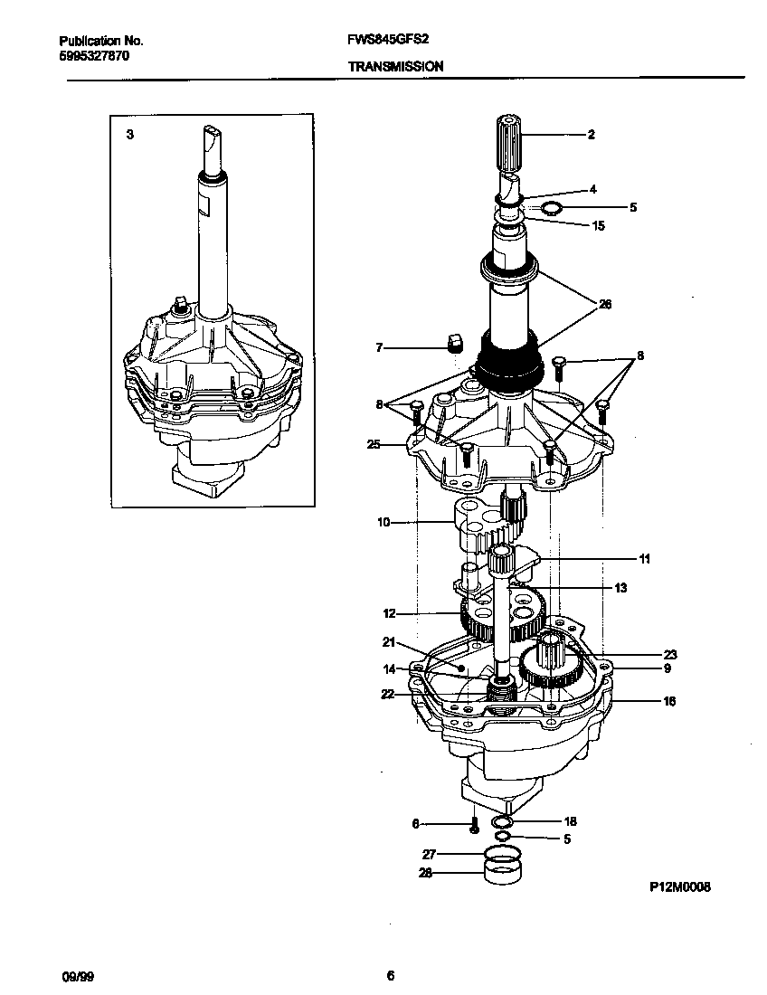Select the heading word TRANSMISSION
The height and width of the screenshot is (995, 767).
click(395, 66)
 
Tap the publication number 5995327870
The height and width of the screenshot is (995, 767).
click(93, 55)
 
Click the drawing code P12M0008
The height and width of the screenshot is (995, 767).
click(679, 887)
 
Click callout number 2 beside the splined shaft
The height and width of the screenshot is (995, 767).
click(591, 135)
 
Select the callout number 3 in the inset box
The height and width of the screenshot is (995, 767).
click(130, 134)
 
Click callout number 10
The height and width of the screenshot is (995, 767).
click(383, 522)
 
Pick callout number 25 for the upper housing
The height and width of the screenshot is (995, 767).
click(374, 444)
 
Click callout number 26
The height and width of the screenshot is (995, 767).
click(605, 305)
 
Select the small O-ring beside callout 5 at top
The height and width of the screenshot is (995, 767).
click(549, 209)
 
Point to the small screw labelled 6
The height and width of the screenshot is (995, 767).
click(473, 826)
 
